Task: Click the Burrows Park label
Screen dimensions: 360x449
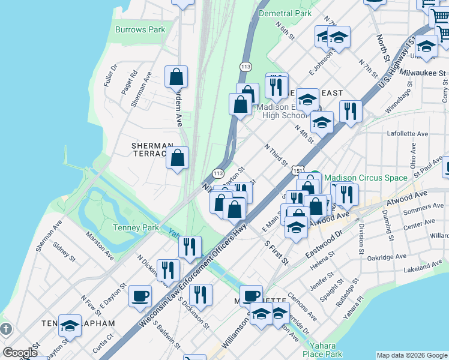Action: point(140,29)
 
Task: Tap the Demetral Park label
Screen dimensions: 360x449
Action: point(285,13)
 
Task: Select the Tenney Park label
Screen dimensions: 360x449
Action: point(134,227)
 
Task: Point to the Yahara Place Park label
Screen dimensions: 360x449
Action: point(325,350)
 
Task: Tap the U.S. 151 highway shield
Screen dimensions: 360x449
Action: point(298,171)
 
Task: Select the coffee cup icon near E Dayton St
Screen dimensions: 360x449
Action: point(140,295)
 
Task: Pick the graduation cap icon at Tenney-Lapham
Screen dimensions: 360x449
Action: point(70,326)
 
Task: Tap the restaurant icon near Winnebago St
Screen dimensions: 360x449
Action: point(349,111)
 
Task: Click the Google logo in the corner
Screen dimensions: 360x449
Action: point(20,353)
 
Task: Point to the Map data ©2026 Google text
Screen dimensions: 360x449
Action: point(412,355)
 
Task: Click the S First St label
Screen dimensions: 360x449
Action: point(277,253)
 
